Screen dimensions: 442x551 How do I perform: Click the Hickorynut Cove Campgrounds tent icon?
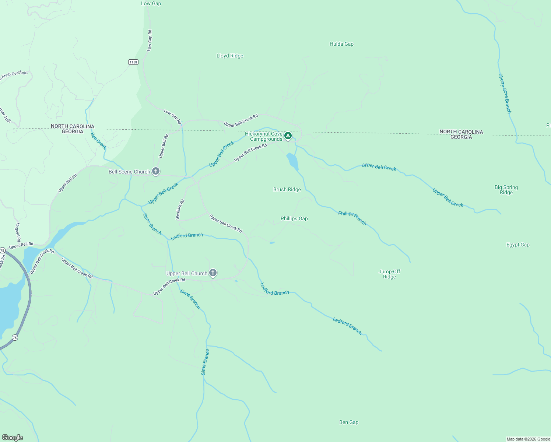(288, 136)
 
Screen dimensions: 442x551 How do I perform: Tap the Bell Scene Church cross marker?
(156, 171)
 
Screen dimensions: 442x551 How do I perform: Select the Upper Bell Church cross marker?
(213, 273)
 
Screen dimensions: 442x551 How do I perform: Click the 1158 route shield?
(133, 62)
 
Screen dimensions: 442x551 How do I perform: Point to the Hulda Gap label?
(341, 44)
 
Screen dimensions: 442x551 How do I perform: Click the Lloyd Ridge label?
(230, 56)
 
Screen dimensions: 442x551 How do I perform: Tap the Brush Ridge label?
(287, 189)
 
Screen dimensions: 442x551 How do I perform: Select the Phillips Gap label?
(294, 218)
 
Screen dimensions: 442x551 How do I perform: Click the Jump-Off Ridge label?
(389, 274)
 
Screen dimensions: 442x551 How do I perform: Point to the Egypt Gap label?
(518, 245)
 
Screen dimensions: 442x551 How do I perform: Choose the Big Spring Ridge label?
(506, 190)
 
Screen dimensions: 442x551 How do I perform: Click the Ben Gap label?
(348, 422)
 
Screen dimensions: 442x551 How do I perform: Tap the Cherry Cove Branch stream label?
(505, 94)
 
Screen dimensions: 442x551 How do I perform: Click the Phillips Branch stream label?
(352, 218)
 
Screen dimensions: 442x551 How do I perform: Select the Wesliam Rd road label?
(180, 210)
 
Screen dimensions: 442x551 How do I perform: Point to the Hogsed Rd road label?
(18, 232)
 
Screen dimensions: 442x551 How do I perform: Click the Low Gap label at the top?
(151, 3)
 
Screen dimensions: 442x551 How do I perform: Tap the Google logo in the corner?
(13, 437)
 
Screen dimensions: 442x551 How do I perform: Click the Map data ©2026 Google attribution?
(528, 439)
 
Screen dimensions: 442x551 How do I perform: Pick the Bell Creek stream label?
(98, 141)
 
